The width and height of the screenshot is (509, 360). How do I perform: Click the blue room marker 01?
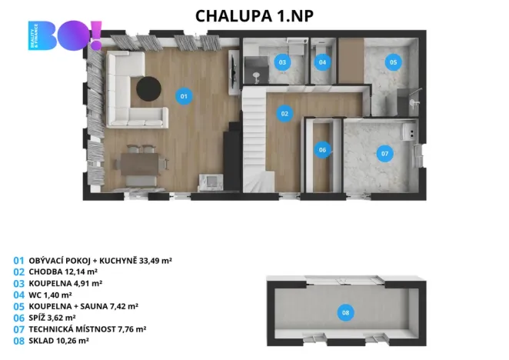(x=183, y=96)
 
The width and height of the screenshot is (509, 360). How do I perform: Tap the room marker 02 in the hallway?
(x=284, y=114)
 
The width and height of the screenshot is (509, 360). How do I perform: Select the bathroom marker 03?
(x=282, y=62)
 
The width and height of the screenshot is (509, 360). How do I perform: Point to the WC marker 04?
(x=322, y=62)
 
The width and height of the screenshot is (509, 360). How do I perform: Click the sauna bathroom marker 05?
(x=392, y=62)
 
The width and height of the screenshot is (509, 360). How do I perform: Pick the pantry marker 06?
(x=322, y=150)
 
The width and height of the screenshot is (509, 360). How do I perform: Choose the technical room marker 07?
(x=384, y=153)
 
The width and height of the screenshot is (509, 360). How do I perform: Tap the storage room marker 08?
(x=345, y=312)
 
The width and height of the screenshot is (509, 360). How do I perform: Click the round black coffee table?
(x=148, y=88)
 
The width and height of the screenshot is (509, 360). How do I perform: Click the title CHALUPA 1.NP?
(x=254, y=15)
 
